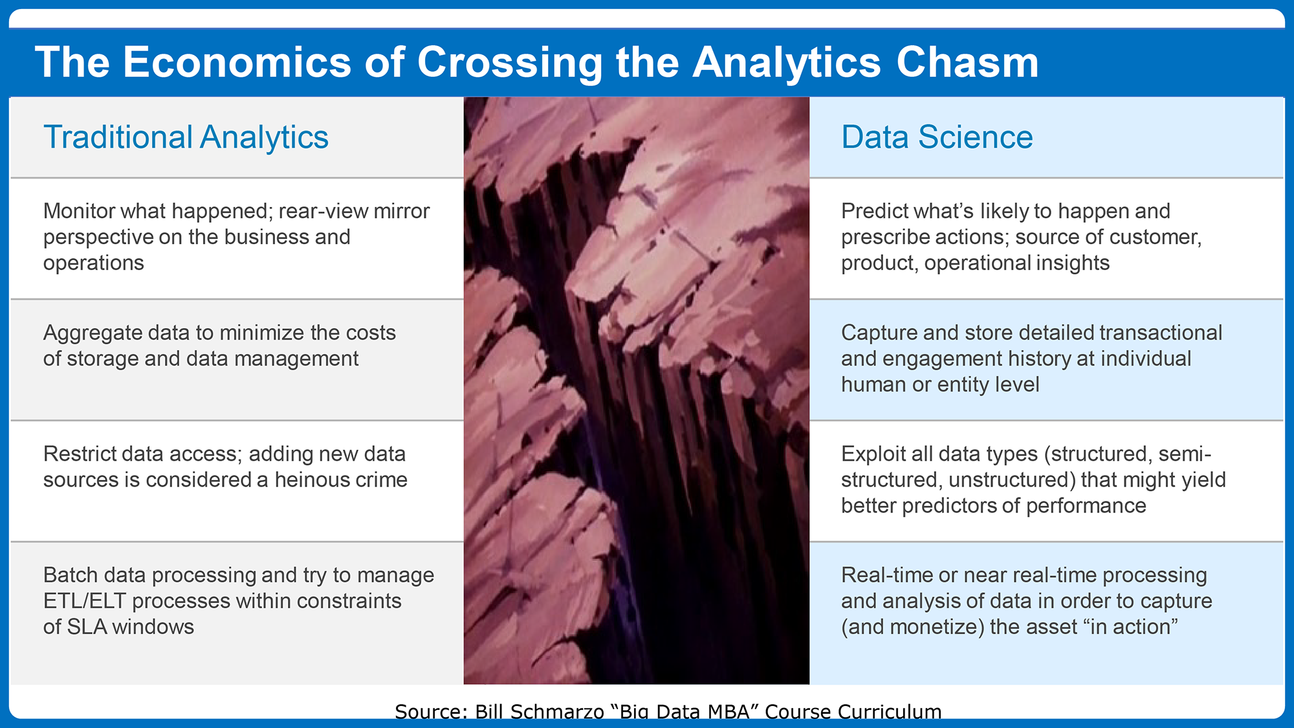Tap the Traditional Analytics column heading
(186, 137)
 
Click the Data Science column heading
(937, 137)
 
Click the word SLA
(87, 627)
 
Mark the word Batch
(71, 575)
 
